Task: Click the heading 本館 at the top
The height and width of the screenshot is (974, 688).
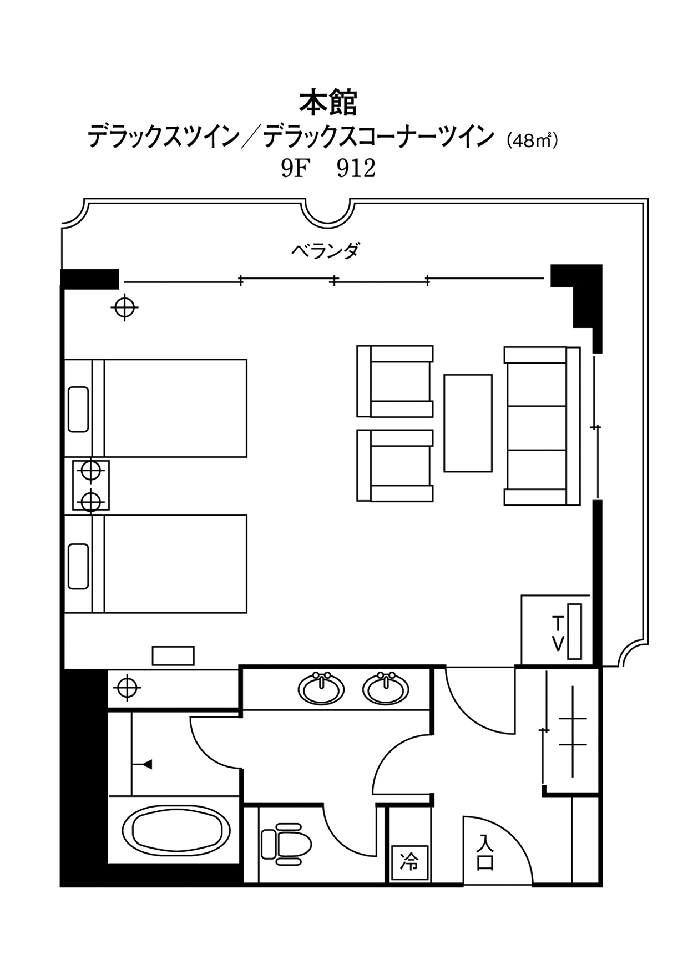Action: (328, 103)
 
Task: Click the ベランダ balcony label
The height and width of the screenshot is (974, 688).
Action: (326, 251)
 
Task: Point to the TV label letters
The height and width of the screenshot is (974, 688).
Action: (558, 633)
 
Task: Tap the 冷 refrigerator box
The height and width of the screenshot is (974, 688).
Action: (410, 862)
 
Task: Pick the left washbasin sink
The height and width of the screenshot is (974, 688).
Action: (321, 689)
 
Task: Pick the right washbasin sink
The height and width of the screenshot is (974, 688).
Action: (386, 689)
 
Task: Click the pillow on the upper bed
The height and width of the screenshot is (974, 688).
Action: (78, 409)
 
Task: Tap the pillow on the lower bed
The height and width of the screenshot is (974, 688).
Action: (78, 566)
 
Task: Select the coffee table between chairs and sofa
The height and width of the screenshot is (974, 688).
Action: (468, 423)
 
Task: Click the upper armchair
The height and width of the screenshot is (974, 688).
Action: (395, 381)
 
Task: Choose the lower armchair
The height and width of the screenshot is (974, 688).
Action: (395, 466)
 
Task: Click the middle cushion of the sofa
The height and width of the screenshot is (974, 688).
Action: (535, 428)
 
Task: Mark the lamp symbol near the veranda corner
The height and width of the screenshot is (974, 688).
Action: (125, 307)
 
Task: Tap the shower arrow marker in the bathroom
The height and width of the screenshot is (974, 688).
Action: (147, 765)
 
